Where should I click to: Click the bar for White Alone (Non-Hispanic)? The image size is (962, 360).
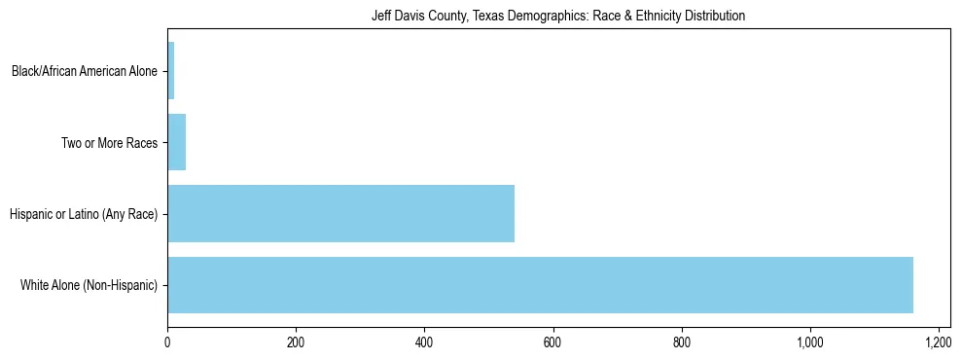point(540,285)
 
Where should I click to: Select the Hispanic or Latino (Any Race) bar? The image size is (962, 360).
point(340,213)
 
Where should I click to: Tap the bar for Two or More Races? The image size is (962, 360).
point(176,142)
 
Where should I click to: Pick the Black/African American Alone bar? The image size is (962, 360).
point(170,71)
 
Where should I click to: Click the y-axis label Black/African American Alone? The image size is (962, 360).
point(84,71)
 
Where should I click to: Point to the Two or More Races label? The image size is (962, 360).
point(109,142)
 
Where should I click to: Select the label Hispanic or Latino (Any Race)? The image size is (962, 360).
point(83,213)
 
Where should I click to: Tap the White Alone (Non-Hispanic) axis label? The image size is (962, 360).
point(89,285)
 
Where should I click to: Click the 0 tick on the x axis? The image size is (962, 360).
point(167,342)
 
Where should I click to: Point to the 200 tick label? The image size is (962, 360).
point(296,342)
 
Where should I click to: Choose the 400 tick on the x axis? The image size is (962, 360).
point(424,342)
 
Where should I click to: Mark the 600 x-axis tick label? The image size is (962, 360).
point(552,342)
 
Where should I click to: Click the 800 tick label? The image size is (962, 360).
point(681,342)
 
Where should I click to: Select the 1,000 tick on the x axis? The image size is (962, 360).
point(809,342)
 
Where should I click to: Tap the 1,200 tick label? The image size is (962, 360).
point(938,342)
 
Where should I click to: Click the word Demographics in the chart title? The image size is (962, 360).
point(533,17)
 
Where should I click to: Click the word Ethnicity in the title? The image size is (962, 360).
point(662,17)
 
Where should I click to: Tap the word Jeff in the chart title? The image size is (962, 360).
point(380,17)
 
